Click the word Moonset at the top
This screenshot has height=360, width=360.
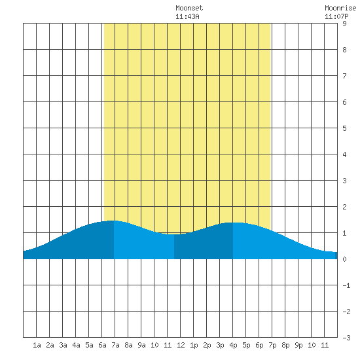coord(189,8)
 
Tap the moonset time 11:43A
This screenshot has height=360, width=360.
coord(187,16)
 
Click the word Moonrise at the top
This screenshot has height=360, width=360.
coord(340,8)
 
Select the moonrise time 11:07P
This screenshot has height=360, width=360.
coord(336,16)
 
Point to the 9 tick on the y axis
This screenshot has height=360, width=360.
coord(344,24)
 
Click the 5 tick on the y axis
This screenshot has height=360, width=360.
coord(344,128)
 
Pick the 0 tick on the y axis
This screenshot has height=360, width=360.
coord(344,259)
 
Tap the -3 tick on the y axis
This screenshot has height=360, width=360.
coord(346,338)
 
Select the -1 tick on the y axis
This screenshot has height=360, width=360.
coord(346,285)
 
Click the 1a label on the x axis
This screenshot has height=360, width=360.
coord(37,345)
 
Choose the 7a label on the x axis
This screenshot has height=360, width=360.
coord(115,345)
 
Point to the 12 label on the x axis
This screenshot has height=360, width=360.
coord(181,345)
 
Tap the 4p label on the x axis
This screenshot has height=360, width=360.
coord(233,345)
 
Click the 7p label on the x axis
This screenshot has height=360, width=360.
coord(272,345)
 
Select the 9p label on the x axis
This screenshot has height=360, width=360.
coord(298,345)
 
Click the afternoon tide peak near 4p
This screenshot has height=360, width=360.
coord(233,223)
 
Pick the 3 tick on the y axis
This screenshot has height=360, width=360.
coord(344,181)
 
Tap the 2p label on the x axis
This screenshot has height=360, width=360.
coord(207,345)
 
